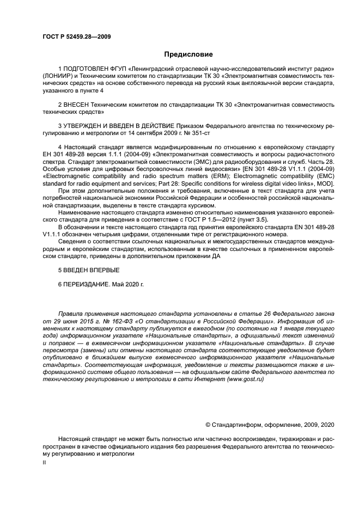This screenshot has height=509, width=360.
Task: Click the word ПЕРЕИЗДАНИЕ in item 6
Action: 88,284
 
